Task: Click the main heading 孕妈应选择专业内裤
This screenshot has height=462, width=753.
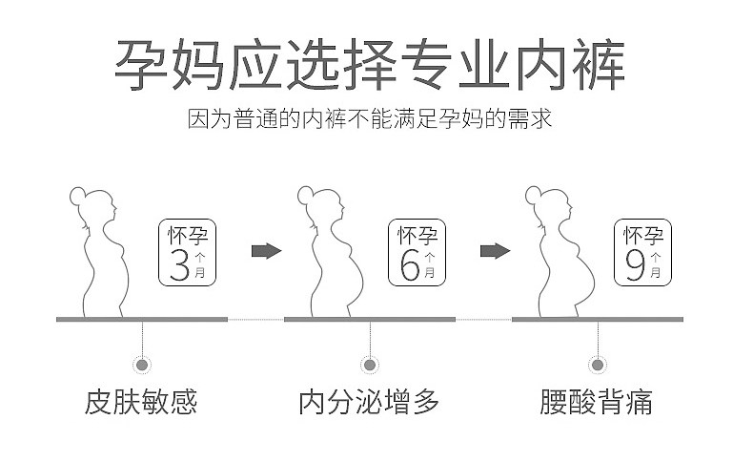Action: pyautogui.click(x=371, y=65)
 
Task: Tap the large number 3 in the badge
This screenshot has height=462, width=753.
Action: pyautogui.click(x=179, y=264)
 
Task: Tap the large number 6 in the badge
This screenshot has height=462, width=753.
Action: pyautogui.click(x=409, y=264)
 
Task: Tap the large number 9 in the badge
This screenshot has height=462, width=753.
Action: pyautogui.click(x=636, y=264)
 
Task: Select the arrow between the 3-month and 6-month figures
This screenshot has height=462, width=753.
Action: pyautogui.click(x=266, y=251)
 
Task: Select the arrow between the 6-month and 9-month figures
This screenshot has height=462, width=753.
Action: pyautogui.click(x=495, y=251)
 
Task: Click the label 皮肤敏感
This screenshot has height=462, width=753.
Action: pyautogui.click(x=142, y=402)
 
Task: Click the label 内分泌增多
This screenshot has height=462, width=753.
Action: pyautogui.click(x=370, y=402)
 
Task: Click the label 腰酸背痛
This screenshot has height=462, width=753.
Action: pyautogui.click(x=597, y=402)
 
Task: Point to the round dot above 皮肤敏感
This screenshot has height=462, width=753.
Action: pyautogui.click(x=142, y=364)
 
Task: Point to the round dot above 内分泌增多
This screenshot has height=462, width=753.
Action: pyautogui.click(x=370, y=364)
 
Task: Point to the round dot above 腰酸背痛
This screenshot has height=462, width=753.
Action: pyautogui.click(x=598, y=364)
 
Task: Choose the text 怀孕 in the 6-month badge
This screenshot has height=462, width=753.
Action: pyautogui.click(x=409, y=234)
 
